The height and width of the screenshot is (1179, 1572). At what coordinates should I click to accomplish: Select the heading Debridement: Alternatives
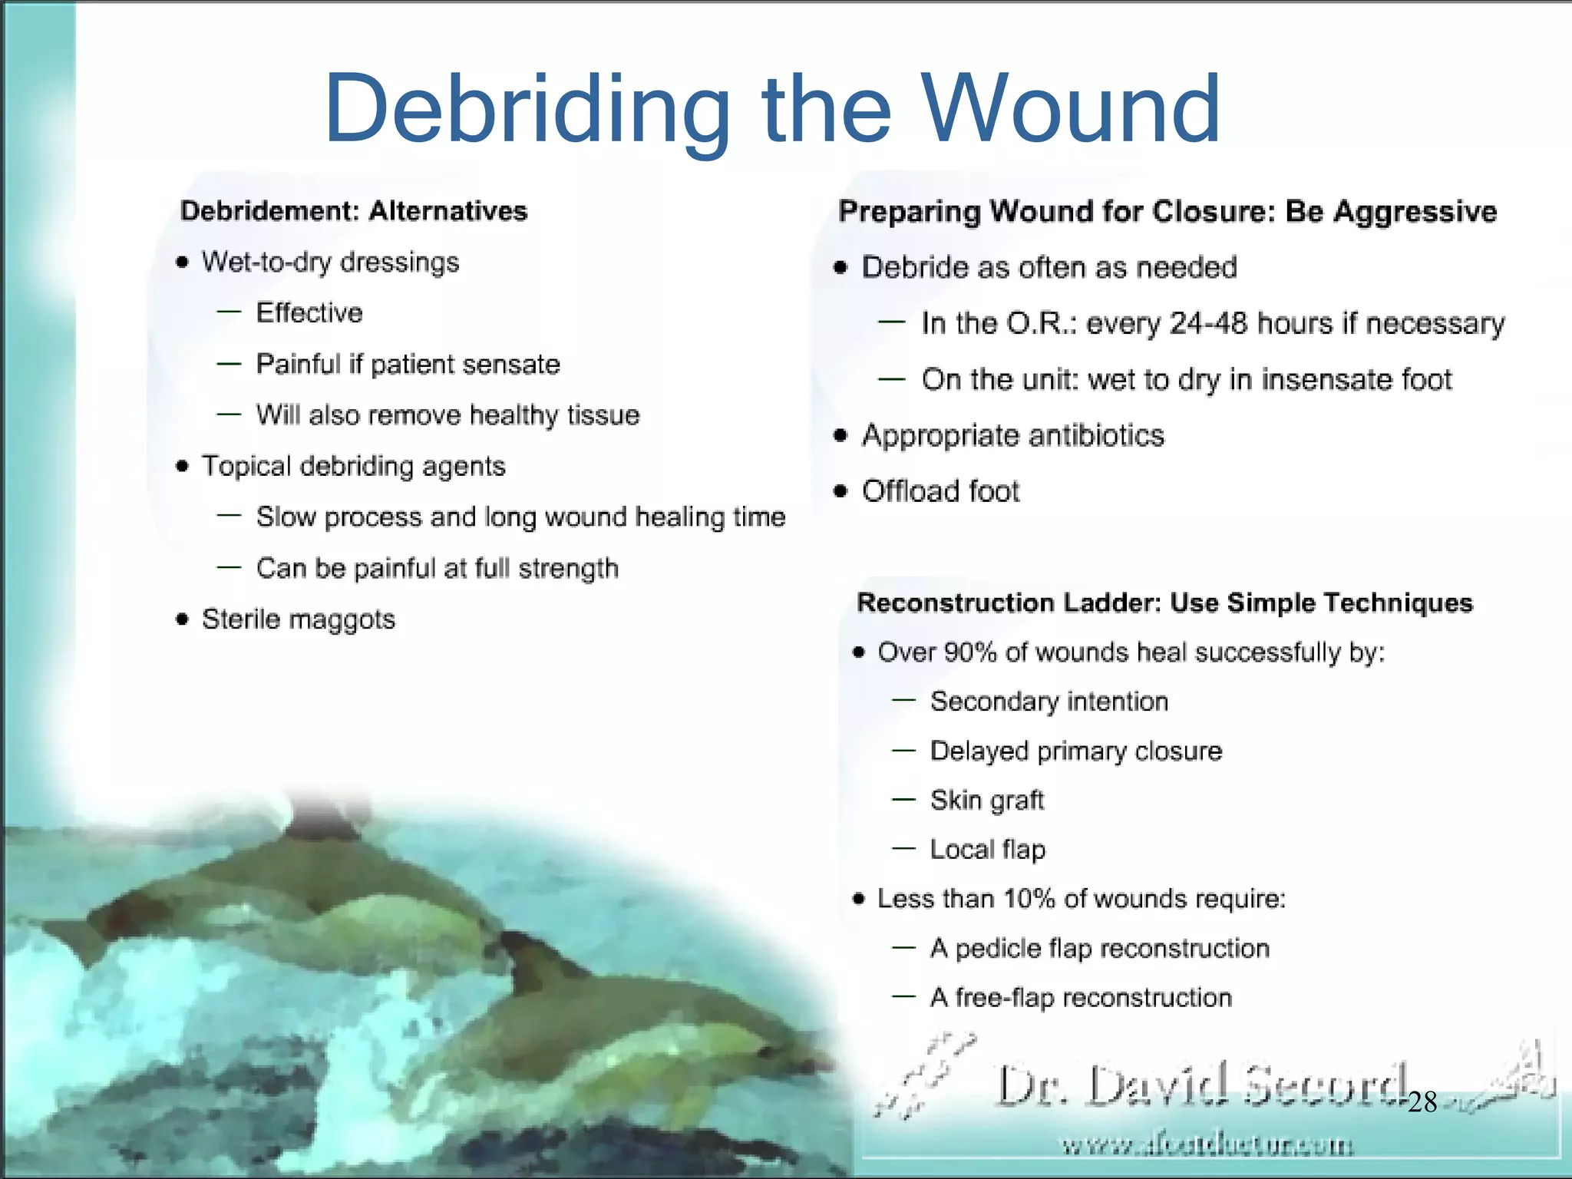coord(354,211)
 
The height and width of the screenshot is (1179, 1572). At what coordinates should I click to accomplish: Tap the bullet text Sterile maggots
coord(298,619)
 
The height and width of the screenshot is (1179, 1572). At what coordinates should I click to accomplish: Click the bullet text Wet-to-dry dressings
coord(330,263)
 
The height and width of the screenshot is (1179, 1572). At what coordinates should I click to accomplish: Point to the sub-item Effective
coord(309,313)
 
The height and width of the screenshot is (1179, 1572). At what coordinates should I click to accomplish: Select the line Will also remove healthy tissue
coord(447,415)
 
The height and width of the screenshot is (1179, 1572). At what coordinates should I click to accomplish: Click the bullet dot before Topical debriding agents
coord(182,467)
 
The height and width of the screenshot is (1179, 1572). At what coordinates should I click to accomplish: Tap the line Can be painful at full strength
coord(437,569)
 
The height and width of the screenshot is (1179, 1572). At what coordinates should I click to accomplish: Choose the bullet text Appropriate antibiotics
coord(1012,436)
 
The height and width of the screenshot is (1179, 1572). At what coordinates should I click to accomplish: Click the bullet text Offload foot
coord(940,491)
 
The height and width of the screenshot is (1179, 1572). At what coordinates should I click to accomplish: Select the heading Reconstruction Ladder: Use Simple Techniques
coord(1164,603)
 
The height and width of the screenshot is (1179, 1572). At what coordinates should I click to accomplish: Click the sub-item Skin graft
coord(986,801)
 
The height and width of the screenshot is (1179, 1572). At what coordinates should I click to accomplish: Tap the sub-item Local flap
coord(987,850)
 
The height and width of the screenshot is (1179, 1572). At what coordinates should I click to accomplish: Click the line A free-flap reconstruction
coord(1080,998)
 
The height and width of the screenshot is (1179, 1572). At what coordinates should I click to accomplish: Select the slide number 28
coord(1422,1103)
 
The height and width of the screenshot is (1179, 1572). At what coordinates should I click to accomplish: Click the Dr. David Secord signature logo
coord(1201,1086)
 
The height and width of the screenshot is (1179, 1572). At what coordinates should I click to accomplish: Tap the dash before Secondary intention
coord(903,701)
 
